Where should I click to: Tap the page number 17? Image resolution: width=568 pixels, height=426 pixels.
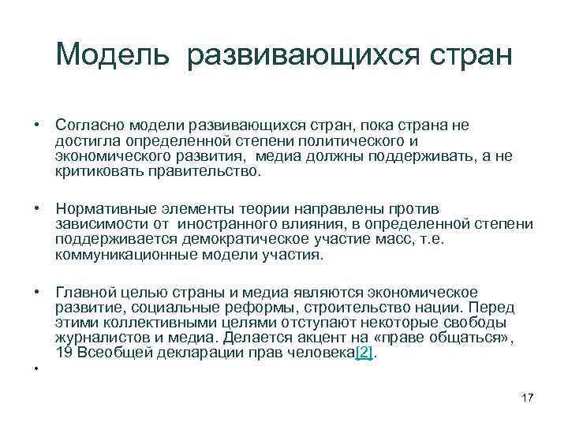coord(528,398)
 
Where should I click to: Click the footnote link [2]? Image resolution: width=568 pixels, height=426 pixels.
coord(364,353)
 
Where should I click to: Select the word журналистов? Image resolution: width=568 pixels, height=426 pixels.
coord(99,338)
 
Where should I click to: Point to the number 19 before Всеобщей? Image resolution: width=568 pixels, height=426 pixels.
coord(65,353)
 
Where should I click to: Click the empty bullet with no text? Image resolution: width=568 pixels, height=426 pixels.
coord(36,368)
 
